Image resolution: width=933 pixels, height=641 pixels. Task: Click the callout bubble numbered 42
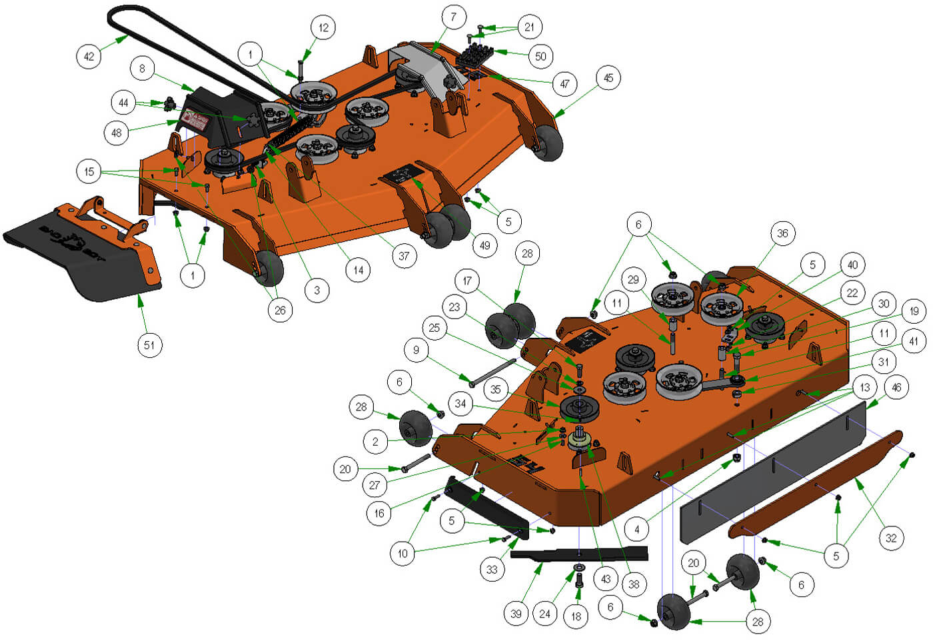click(x=89, y=56)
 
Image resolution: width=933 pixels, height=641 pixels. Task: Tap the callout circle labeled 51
click(x=149, y=344)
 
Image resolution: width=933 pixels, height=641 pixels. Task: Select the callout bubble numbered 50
click(x=540, y=56)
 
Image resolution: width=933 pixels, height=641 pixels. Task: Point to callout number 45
click(x=608, y=78)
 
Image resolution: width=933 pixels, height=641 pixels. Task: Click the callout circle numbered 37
click(x=404, y=255)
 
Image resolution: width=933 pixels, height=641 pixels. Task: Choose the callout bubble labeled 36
click(x=782, y=233)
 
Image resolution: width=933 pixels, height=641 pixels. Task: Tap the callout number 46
click(x=896, y=387)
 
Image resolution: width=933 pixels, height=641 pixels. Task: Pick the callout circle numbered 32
click(x=891, y=538)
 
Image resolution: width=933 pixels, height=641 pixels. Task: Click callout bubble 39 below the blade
click(x=516, y=613)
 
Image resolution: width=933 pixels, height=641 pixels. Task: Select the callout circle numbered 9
click(x=416, y=350)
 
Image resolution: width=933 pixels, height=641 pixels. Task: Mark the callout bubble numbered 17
click(x=467, y=281)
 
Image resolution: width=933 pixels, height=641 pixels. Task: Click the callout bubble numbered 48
click(x=117, y=133)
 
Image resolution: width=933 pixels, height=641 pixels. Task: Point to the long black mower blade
click(x=580, y=554)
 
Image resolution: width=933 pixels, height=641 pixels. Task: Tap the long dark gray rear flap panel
click(x=773, y=473)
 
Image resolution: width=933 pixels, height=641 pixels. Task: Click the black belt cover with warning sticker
click(x=213, y=120)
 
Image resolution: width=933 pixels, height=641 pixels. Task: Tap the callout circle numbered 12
click(x=323, y=28)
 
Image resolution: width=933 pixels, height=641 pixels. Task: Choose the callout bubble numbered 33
click(x=492, y=569)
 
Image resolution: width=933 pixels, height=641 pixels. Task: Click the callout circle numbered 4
click(x=636, y=530)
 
